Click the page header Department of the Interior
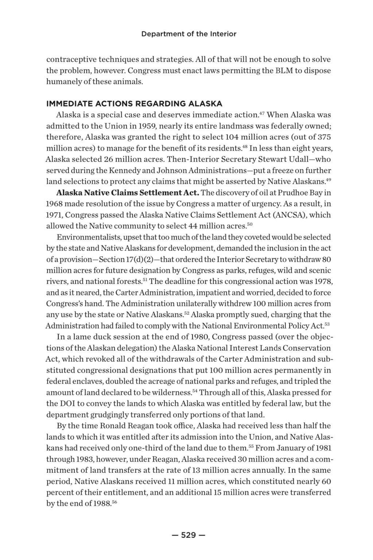pos(189,34)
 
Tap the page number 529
pos(189,535)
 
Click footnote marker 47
pos(262,113)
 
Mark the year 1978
pos(322,282)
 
